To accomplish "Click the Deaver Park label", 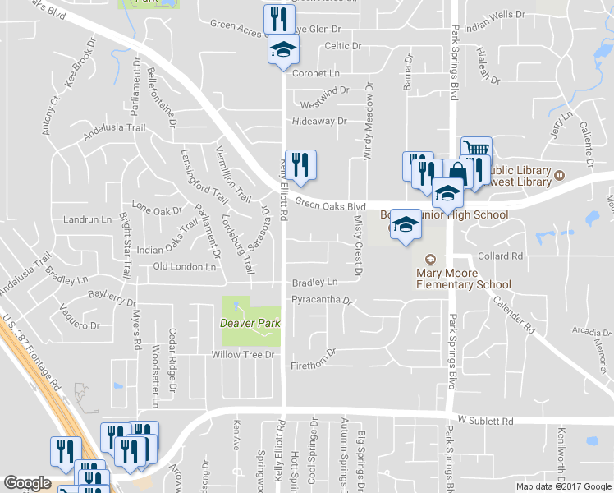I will tap(251, 323).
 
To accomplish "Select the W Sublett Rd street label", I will tap(485, 420).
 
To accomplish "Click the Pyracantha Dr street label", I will tap(321, 300).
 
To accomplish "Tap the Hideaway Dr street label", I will tap(319, 121).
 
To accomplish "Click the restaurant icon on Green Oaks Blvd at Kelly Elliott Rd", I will tap(300, 164).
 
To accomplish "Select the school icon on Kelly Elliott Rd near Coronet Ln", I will tap(283, 49).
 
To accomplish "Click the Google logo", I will tap(27, 483).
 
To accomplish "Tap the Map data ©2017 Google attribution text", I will tap(562, 486).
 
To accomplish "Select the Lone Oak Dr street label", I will tap(157, 210).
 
